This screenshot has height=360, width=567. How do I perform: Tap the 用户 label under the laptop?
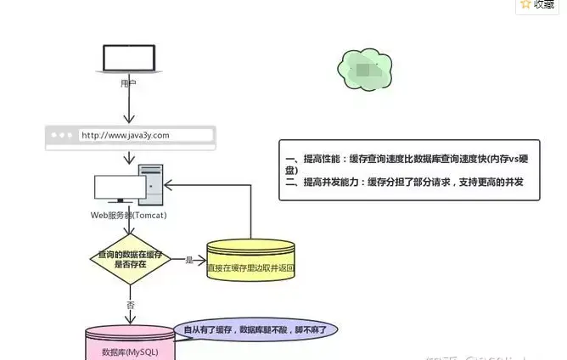[128, 83]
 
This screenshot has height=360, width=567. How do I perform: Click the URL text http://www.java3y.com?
[125, 135]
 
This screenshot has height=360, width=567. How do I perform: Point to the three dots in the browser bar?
[62, 135]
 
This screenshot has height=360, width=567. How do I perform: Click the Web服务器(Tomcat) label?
[128, 215]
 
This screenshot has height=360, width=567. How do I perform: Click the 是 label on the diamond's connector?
[188, 259]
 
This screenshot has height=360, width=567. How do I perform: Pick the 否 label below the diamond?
[131, 303]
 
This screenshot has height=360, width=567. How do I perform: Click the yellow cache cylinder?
[251, 262]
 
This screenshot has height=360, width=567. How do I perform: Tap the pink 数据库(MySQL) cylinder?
[129, 346]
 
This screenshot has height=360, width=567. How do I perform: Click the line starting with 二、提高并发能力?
[404, 183]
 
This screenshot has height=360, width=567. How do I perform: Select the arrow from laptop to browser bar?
[128, 107]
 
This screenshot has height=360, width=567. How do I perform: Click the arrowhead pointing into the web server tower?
[168, 183]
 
